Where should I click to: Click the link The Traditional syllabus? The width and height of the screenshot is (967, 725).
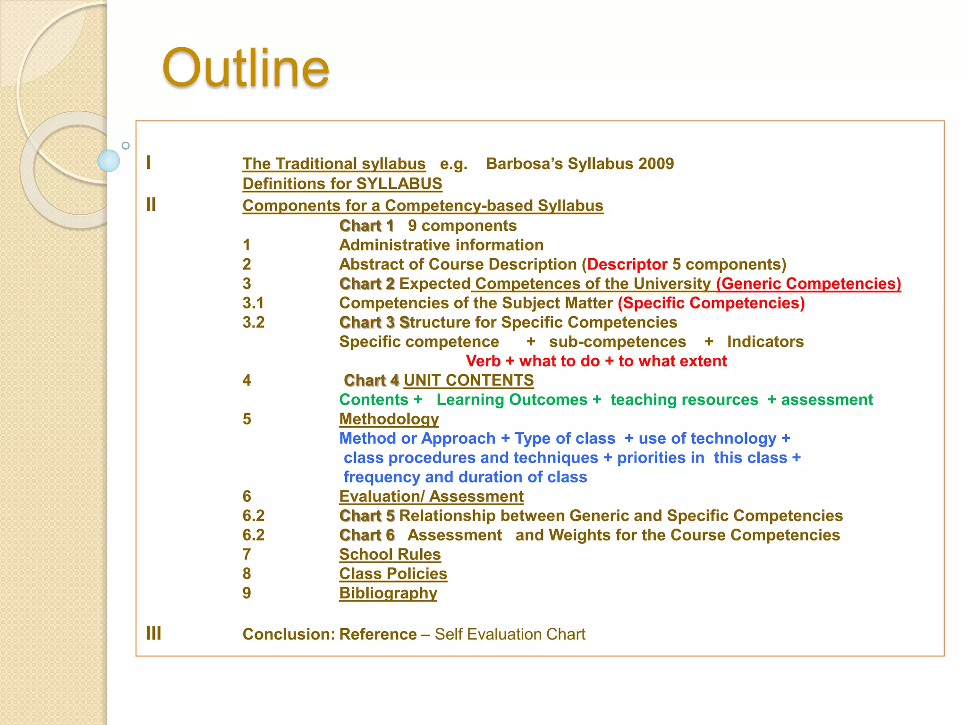[334, 164]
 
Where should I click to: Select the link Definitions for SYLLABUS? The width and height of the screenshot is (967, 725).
[342, 184]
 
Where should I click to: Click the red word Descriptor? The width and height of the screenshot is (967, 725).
[627, 264]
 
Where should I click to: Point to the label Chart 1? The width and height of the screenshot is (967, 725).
[366, 226]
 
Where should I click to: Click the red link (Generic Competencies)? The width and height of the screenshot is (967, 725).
[808, 284]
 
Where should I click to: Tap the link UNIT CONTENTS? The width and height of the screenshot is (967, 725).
[468, 380]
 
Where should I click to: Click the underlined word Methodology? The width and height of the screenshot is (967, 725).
[389, 419]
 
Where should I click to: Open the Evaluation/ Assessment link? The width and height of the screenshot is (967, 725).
[431, 497]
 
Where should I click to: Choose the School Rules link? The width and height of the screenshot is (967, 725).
[390, 555]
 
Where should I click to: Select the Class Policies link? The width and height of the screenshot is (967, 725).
[393, 574]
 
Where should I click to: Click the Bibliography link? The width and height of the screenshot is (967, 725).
[388, 593]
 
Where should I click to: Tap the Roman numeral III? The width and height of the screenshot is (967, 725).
[153, 633]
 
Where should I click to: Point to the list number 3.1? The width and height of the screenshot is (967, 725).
[253, 303]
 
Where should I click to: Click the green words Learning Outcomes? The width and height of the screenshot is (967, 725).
[511, 400]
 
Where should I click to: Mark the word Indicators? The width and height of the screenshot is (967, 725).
[765, 342]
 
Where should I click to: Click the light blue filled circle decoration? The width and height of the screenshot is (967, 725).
[109, 160]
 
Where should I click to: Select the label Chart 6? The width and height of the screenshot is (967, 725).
[367, 535]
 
